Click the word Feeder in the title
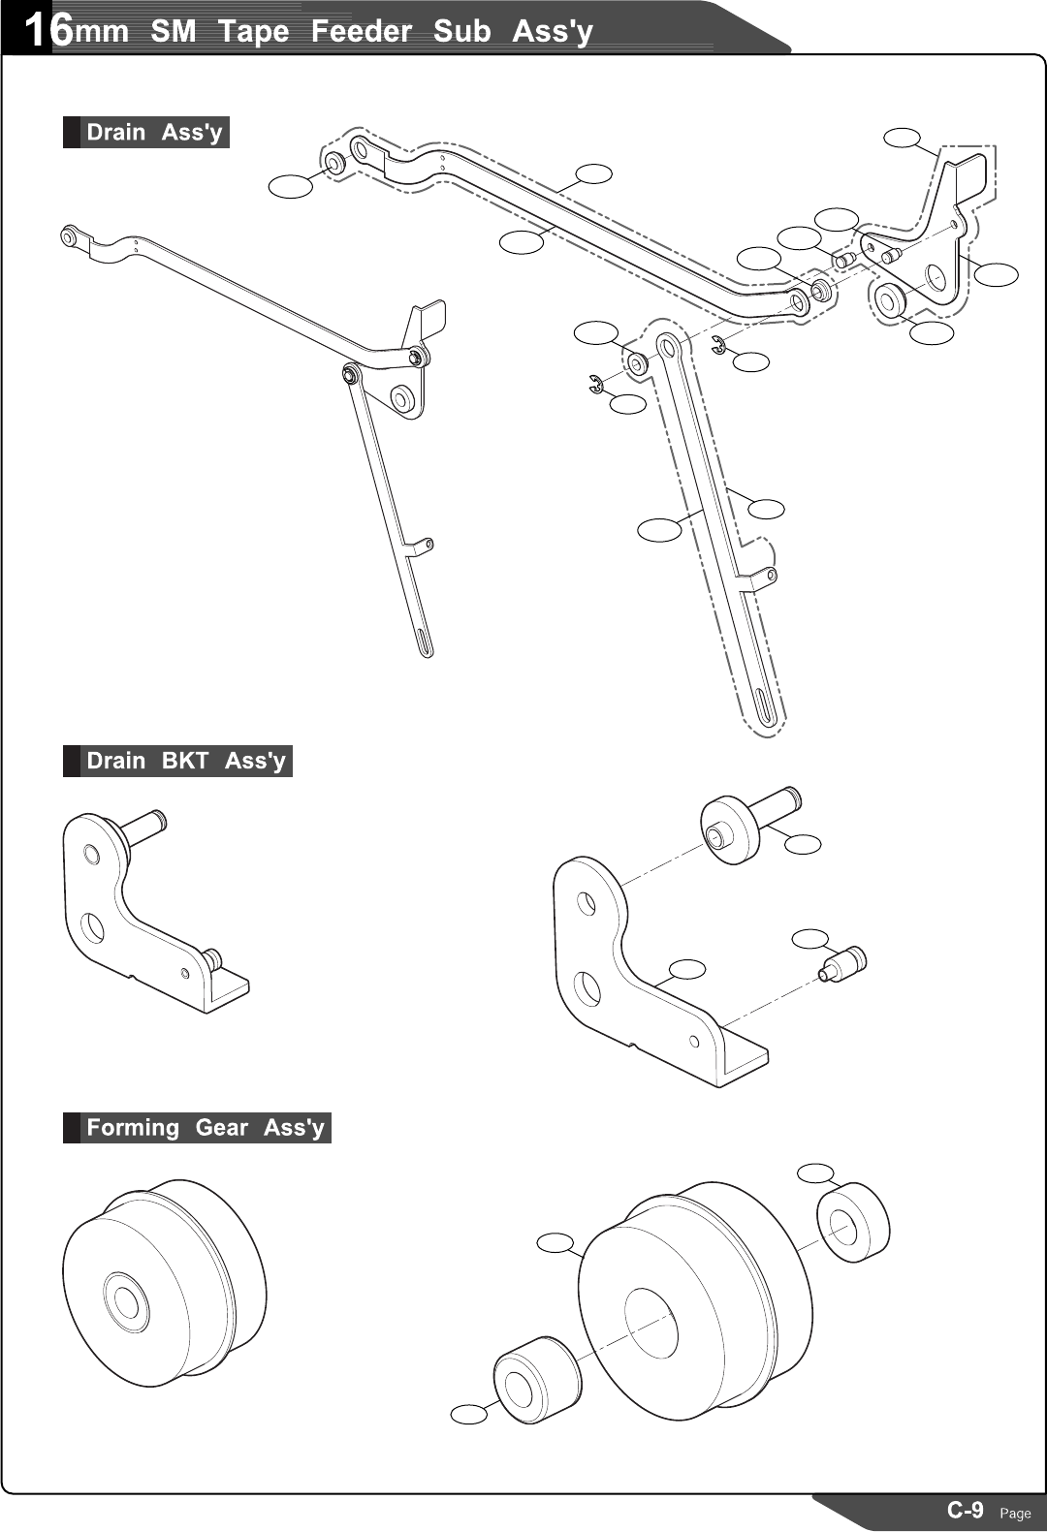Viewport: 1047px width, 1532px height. pos(361,31)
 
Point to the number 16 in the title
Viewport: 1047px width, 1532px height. pos(48,29)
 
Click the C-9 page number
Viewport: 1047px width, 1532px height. pos(965,1510)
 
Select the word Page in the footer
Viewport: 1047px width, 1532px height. pos(1015,1513)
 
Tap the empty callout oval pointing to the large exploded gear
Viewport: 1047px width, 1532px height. pos(555,1242)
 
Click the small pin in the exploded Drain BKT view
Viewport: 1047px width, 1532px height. pos(842,964)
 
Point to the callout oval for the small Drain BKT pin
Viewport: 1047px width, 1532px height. pos(810,938)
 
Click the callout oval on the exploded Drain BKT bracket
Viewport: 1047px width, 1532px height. pos(687,968)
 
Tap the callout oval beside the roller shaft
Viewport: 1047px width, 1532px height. pos(803,844)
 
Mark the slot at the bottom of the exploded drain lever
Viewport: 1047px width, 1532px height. pos(767,705)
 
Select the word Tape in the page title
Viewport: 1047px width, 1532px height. pos(253,31)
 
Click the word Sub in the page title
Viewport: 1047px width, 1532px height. pos(461,31)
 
